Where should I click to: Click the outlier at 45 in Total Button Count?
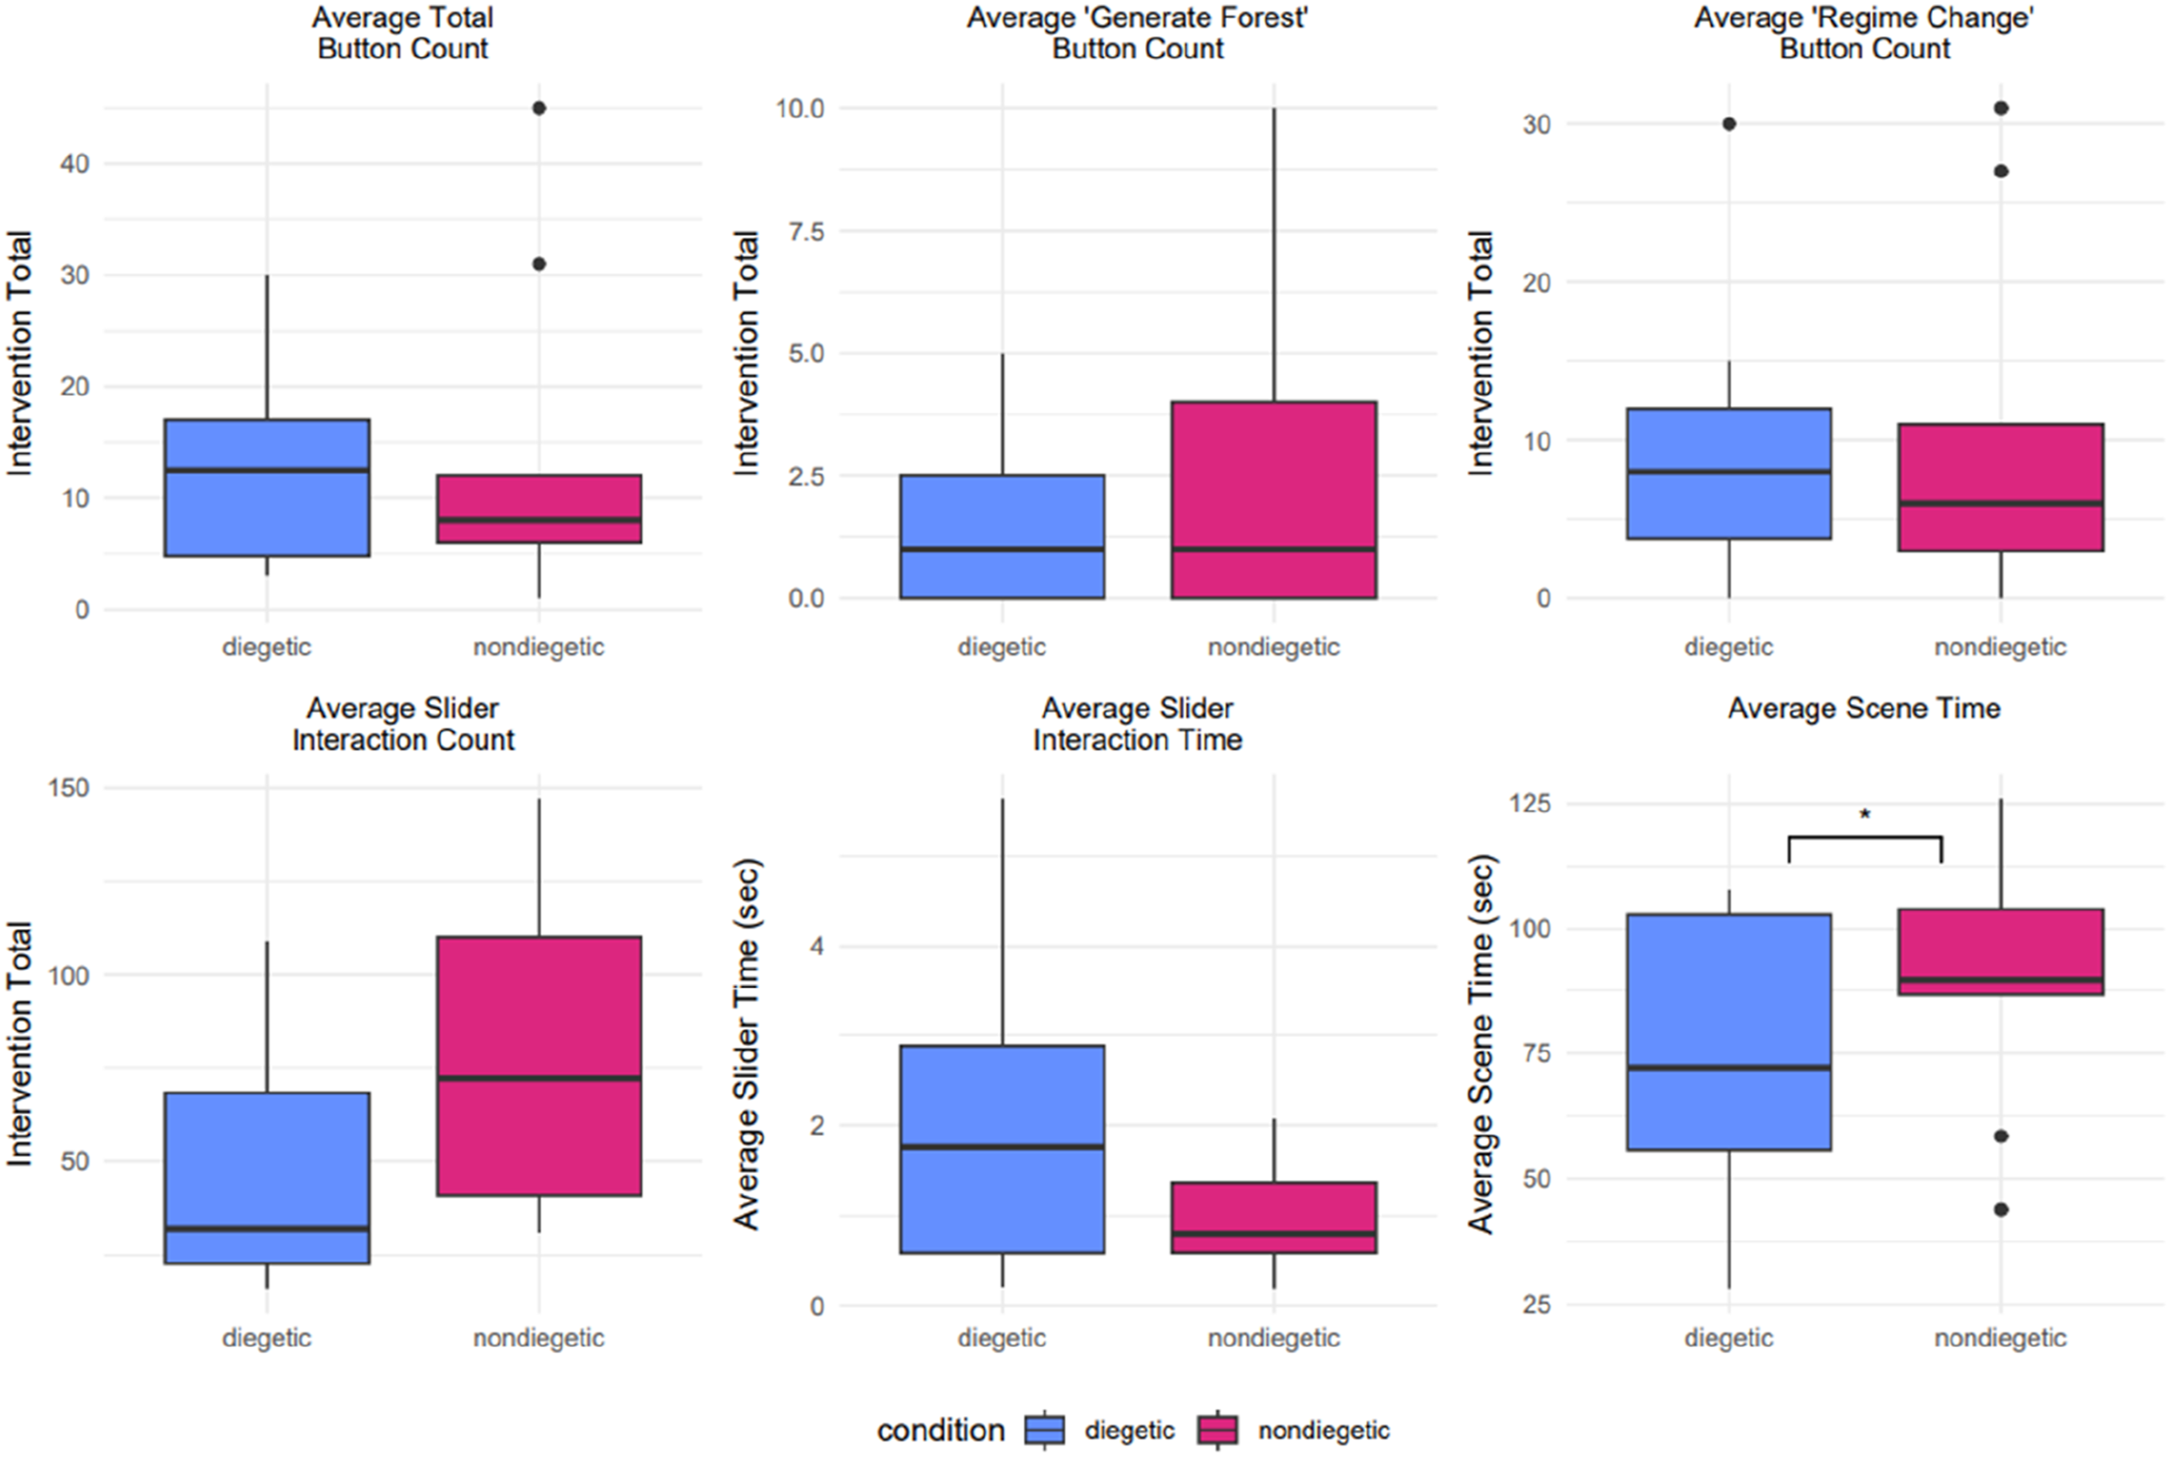[539, 109]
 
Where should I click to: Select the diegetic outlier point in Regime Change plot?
[1729, 124]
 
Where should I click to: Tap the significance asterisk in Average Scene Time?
[1865, 816]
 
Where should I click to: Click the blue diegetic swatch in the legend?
[1045, 1429]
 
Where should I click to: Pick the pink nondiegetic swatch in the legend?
[1218, 1429]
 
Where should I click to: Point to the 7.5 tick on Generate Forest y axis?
[805, 232]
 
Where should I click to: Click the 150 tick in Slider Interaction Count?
[69, 788]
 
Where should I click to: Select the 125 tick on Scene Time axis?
[1530, 803]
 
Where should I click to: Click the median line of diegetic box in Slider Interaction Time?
[1002, 1147]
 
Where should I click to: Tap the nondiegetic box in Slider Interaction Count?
[539, 1066]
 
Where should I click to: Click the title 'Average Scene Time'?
[1865, 709]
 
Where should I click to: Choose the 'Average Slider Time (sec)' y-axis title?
[746, 1045]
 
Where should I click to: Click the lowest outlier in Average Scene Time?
[2001, 1209]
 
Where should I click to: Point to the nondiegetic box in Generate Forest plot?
[1274, 500]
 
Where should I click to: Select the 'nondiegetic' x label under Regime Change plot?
[2000, 647]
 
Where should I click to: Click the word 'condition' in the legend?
[940, 1430]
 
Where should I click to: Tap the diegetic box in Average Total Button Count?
[268, 488]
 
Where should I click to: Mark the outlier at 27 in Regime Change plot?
[2001, 171]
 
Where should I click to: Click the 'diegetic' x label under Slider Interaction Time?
[1002, 1338]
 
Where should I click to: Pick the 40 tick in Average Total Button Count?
[75, 165]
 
